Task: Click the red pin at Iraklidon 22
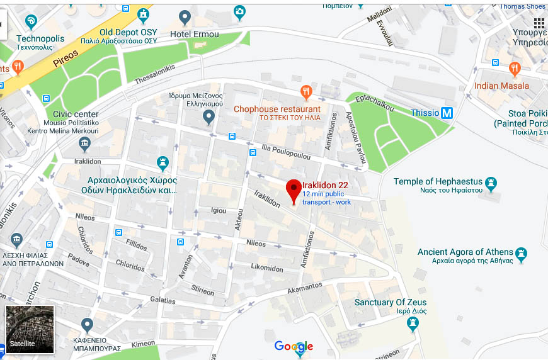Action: (x=293, y=189)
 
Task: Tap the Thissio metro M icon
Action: (x=447, y=113)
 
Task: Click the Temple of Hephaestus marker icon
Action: (x=491, y=184)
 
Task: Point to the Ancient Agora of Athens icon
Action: (x=521, y=255)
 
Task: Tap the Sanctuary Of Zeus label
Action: (x=391, y=302)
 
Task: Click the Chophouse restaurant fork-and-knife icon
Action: (x=306, y=93)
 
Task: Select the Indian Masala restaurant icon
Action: (x=515, y=69)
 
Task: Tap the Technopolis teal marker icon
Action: (x=31, y=23)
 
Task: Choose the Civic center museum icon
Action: (x=84, y=145)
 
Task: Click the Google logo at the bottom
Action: (x=294, y=346)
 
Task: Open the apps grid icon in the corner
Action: (x=539, y=23)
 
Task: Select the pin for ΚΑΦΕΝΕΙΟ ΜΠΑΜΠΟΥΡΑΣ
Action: (x=87, y=324)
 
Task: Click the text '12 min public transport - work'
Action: (x=326, y=198)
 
